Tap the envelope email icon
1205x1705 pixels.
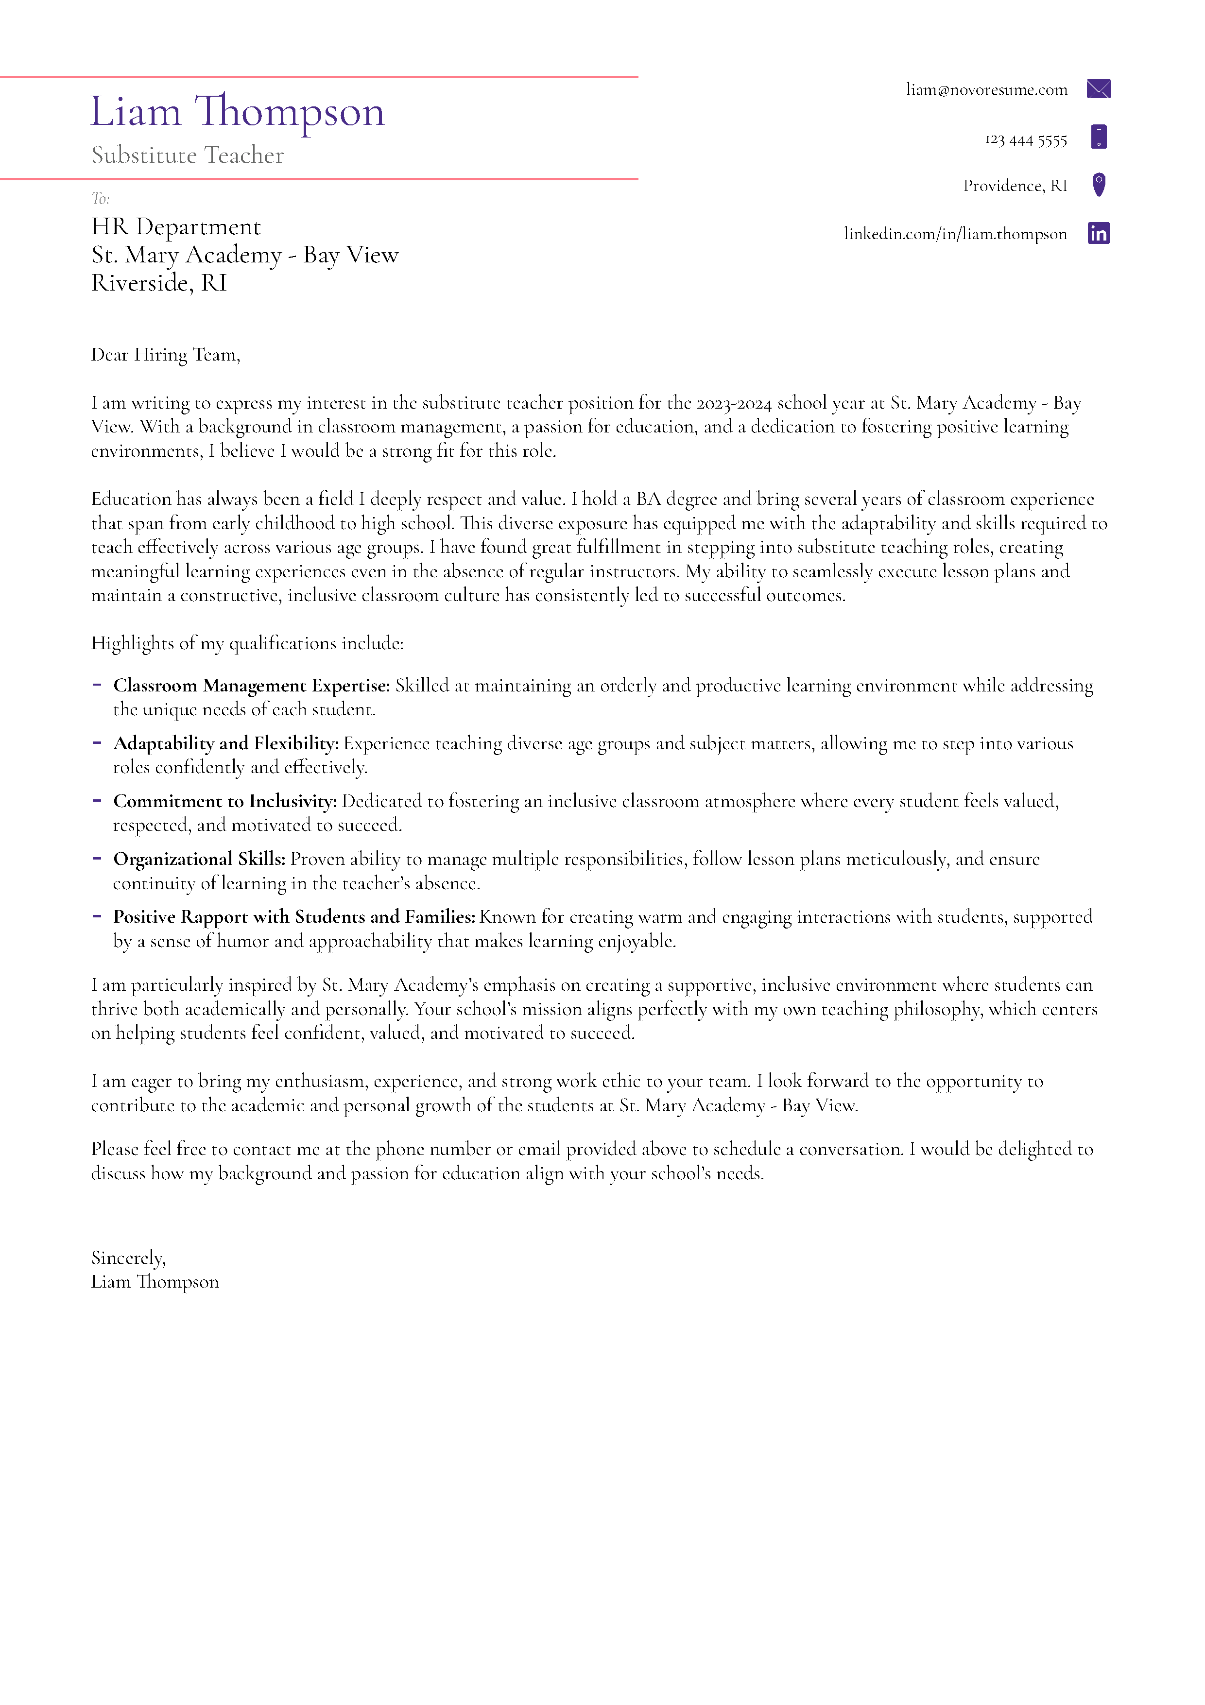coord(1098,89)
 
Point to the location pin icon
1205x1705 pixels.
coord(1099,184)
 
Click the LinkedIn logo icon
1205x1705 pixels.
coord(1098,233)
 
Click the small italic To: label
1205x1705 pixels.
coord(100,198)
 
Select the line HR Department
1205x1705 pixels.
coord(176,226)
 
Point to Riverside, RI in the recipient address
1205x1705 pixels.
coord(159,283)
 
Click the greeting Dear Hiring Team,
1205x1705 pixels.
coord(166,355)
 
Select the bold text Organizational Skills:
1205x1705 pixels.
coord(199,859)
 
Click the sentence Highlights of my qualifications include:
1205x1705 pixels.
coord(247,643)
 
